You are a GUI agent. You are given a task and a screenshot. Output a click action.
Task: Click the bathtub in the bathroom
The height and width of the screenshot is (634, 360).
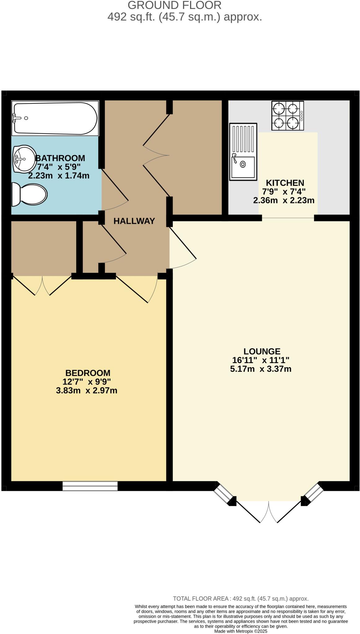[x=55, y=118]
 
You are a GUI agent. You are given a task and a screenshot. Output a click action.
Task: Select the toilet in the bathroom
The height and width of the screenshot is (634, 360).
[x=29, y=194]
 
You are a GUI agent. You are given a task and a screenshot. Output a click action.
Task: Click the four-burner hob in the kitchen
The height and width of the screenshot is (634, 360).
[x=288, y=115]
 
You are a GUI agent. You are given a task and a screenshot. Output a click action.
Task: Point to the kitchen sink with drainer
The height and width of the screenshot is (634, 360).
[x=243, y=152]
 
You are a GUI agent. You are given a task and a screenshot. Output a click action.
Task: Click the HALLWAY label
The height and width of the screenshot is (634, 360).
[x=134, y=221]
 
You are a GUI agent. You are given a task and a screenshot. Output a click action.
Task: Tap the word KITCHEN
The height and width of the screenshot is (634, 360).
[x=285, y=183]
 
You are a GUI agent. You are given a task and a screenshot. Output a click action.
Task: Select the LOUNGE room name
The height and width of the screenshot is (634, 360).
[x=262, y=351]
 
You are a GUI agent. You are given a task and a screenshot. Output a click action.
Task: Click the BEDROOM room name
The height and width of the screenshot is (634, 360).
[x=88, y=373]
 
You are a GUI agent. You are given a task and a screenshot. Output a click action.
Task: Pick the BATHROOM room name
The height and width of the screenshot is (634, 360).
[x=60, y=158]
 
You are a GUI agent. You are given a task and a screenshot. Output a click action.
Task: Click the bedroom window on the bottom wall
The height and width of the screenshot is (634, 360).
[x=90, y=486]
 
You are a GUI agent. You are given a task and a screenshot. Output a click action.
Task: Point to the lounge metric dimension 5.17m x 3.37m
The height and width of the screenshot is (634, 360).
[x=261, y=369]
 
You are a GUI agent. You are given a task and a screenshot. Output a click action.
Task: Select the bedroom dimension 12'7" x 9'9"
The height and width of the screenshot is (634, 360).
[x=87, y=381]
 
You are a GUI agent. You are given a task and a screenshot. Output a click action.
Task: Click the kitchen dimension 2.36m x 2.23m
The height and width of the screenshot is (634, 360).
[x=284, y=200]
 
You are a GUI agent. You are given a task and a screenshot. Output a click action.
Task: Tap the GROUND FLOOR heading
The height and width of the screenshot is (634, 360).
[x=174, y=5]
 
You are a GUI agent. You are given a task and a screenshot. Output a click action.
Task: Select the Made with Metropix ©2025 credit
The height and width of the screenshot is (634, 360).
[x=241, y=631]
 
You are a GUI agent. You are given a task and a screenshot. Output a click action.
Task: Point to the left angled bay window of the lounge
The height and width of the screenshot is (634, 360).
[x=223, y=492]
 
